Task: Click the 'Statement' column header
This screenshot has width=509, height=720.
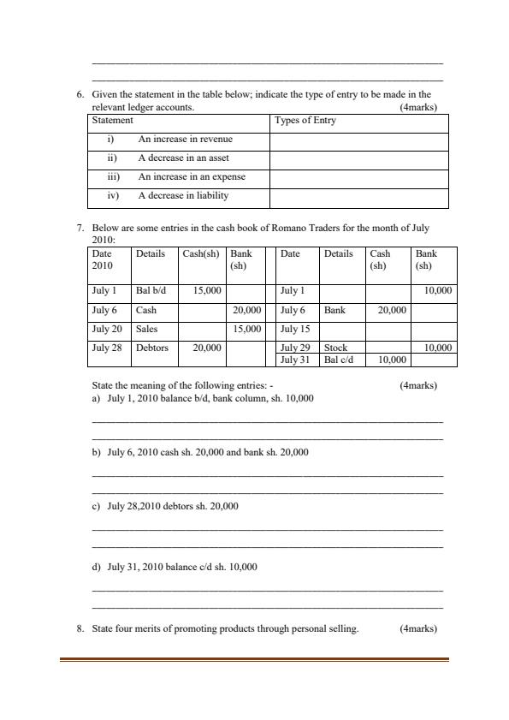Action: pyautogui.click(x=112, y=121)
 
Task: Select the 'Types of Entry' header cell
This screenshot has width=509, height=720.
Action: pyautogui.click(x=305, y=121)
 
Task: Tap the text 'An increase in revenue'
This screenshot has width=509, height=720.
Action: pyautogui.click(x=186, y=139)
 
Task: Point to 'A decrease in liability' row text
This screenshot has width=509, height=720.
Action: pyautogui.click(x=183, y=195)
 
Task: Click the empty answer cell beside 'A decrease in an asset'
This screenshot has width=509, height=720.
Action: pyautogui.click(x=358, y=158)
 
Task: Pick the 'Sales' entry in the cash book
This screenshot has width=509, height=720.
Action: pyautogui.click(x=147, y=329)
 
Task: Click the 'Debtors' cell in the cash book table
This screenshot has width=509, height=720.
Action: pyautogui.click(x=152, y=348)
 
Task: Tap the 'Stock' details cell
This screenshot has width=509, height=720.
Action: pyautogui.click(x=336, y=348)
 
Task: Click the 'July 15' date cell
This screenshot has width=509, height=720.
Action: pyautogui.click(x=293, y=329)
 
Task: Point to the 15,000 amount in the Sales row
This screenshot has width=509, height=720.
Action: pyautogui.click(x=246, y=329)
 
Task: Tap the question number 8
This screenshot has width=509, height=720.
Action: pyautogui.click(x=80, y=628)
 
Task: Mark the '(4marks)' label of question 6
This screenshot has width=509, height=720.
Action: pyautogui.click(x=418, y=108)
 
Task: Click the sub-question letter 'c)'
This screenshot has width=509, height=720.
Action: pyautogui.click(x=96, y=506)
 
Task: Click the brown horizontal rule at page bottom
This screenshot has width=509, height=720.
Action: pyautogui.click(x=254, y=659)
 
